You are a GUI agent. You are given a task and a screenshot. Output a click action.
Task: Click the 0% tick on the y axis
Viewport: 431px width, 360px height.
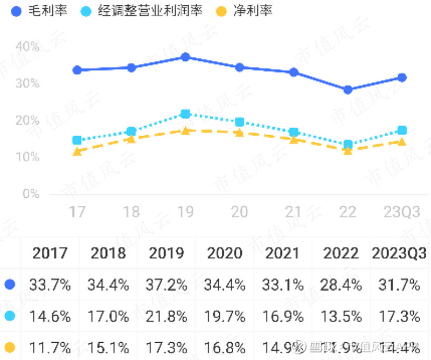[x=31, y=194]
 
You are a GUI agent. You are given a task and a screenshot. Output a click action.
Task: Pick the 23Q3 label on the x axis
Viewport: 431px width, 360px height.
[x=401, y=212]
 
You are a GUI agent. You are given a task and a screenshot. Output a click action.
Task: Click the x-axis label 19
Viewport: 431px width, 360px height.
[x=185, y=212]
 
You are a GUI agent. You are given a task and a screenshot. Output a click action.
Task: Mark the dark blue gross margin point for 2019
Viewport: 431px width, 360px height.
[x=185, y=57]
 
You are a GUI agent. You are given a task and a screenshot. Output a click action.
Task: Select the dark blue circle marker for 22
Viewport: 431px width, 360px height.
[x=348, y=89]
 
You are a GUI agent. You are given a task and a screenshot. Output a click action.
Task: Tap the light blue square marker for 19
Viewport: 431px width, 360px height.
[x=185, y=114]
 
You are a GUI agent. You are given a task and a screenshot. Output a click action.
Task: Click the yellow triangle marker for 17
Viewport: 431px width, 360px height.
[x=77, y=151]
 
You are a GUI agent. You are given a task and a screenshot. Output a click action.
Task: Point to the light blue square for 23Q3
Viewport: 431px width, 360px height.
[x=402, y=130]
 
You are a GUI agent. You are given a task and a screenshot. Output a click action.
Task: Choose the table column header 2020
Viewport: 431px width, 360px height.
[x=225, y=253]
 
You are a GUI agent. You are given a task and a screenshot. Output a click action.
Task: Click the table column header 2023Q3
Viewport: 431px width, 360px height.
[x=399, y=253]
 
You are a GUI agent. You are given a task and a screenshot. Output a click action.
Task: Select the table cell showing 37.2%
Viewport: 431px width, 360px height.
[x=167, y=285]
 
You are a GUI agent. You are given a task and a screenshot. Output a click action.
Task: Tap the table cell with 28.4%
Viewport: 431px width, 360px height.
[x=341, y=285]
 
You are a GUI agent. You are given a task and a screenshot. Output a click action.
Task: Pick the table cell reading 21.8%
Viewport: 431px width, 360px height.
[x=167, y=316]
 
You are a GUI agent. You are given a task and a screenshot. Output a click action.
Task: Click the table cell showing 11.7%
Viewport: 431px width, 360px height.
[x=50, y=347]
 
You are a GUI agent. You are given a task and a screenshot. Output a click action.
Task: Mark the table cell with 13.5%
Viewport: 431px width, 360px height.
[x=341, y=316]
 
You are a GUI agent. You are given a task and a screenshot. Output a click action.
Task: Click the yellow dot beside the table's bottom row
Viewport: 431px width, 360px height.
[x=9, y=347]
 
